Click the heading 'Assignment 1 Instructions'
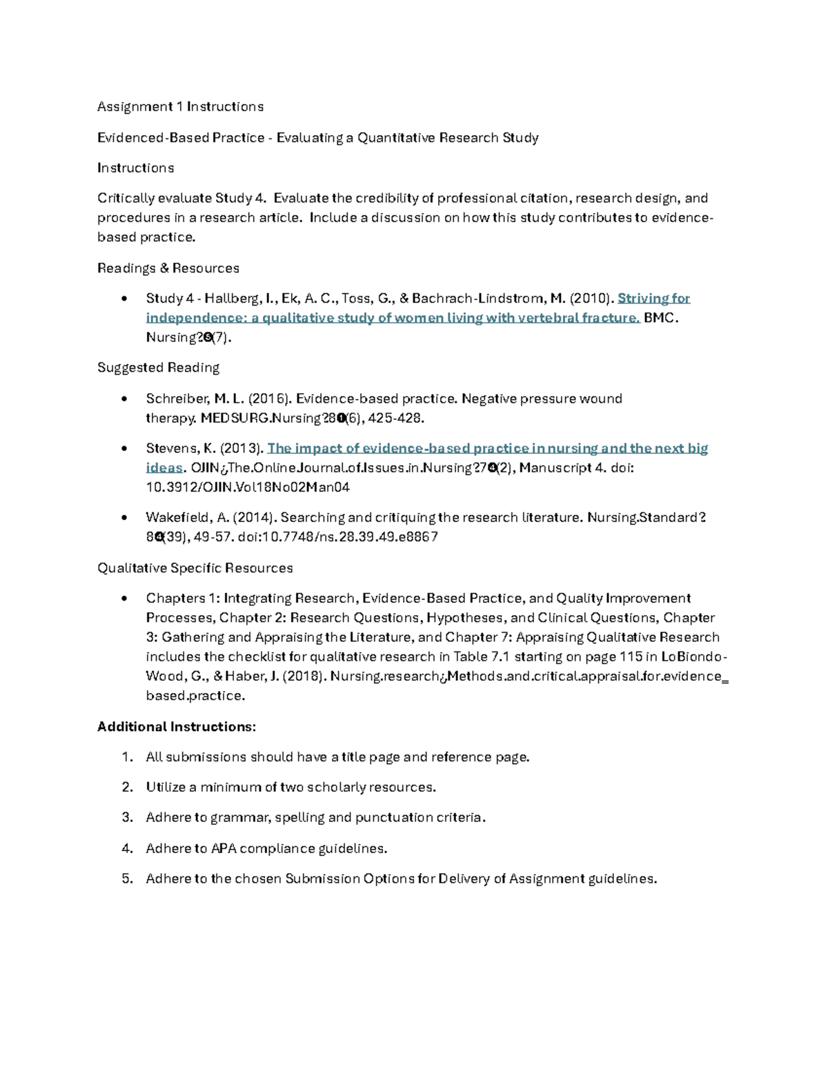(x=180, y=107)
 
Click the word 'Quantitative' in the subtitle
(x=395, y=138)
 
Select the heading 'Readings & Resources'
(x=168, y=268)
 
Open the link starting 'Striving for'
(x=653, y=299)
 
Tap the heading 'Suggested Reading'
(x=158, y=368)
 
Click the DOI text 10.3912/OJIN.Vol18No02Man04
(x=248, y=487)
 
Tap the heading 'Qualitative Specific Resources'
(x=195, y=568)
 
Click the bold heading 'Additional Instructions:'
(x=177, y=727)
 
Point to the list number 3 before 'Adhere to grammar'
(x=126, y=818)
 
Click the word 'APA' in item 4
(x=224, y=848)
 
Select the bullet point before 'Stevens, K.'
(x=124, y=448)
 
